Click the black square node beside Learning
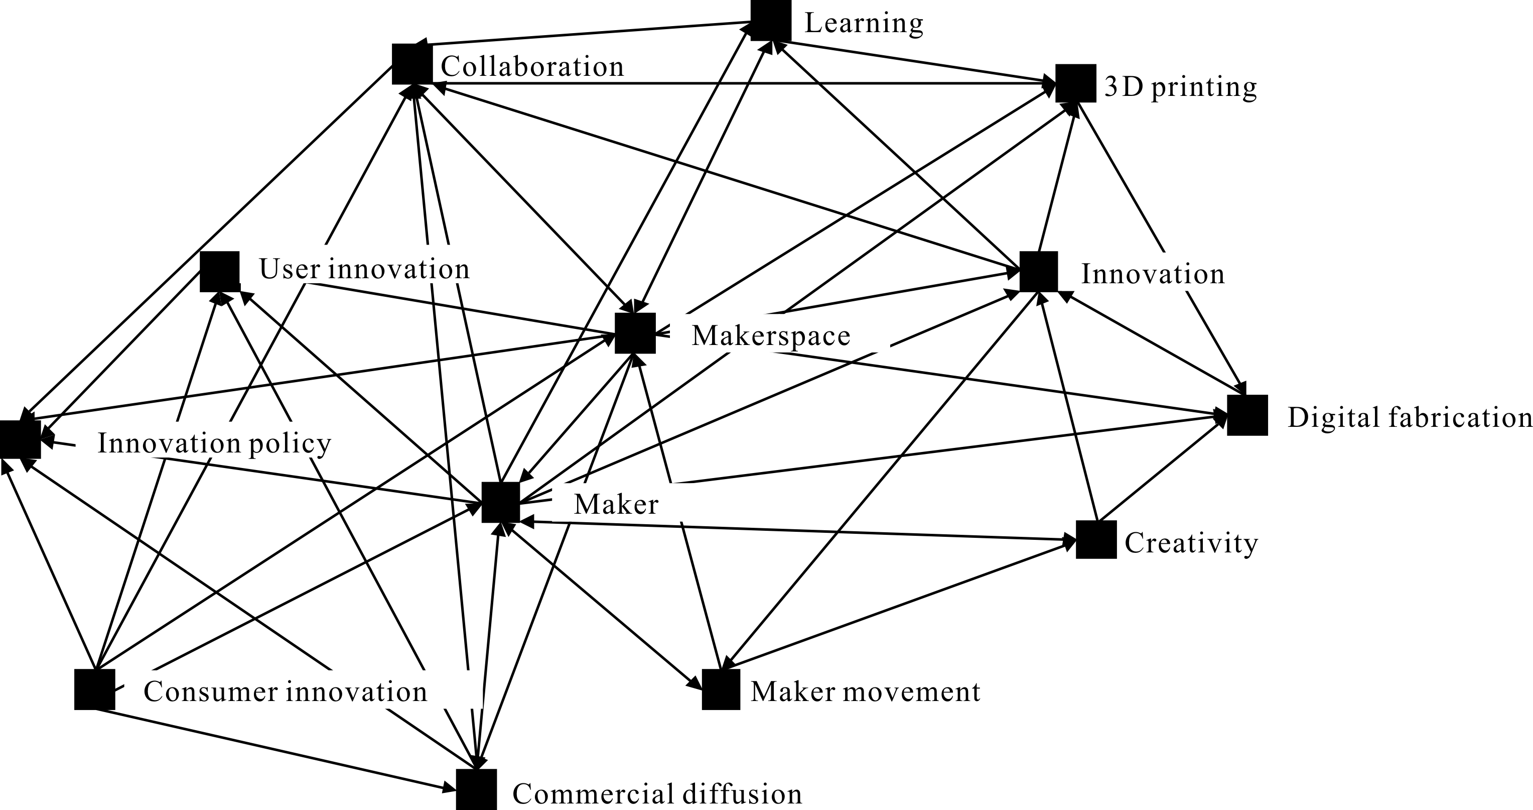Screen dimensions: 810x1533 (771, 20)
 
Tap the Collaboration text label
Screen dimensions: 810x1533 (532, 67)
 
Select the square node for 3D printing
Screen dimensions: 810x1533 (1075, 83)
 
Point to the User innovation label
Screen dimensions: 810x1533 (364, 269)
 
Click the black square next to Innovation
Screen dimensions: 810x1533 (1038, 272)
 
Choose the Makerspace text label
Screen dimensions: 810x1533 (771, 336)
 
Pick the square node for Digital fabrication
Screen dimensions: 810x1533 (1247, 415)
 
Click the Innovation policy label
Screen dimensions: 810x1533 (214, 443)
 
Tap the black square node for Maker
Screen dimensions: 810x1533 (500, 503)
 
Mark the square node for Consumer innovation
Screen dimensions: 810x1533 (95, 689)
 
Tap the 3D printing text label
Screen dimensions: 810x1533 (1181, 87)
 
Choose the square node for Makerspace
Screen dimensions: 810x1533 (635, 333)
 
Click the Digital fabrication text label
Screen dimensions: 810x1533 (1409, 417)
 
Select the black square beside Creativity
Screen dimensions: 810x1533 (1095, 540)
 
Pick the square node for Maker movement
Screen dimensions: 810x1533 (721, 689)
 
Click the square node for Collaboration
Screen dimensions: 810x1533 (412, 64)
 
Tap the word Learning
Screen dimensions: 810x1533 (864, 24)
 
